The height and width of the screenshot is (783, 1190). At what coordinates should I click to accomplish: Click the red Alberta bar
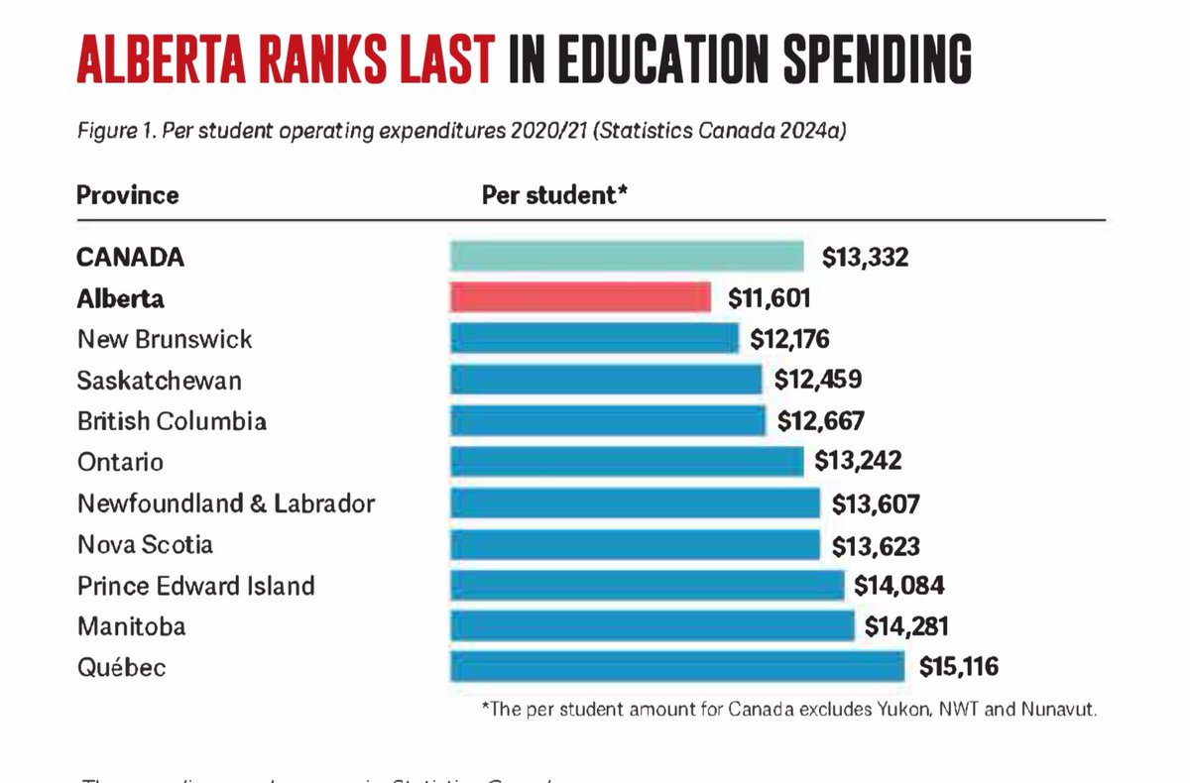pos(580,297)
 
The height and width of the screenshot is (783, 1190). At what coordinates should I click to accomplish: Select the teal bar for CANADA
pos(627,257)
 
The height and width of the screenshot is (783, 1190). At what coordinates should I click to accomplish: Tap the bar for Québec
pos(676,666)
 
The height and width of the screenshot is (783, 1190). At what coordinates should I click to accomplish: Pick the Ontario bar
pos(627,462)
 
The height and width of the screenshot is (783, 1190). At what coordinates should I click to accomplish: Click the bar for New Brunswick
pos(594,339)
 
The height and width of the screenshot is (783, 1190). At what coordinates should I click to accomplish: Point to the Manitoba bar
pos(652,625)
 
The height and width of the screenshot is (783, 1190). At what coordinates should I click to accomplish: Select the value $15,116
pos(959,666)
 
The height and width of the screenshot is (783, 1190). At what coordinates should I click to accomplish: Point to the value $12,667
pos(822,421)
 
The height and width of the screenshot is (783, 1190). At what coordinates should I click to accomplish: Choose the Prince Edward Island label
pos(195,585)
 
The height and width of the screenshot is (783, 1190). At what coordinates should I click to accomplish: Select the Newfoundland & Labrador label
pos(226,503)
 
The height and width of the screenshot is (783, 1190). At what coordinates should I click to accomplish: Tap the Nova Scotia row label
pos(145,544)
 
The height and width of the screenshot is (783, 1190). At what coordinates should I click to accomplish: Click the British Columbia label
pos(172,421)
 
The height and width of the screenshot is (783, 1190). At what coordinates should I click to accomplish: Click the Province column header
pos(127,194)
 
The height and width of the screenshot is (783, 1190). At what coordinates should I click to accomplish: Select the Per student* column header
pos(555,194)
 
